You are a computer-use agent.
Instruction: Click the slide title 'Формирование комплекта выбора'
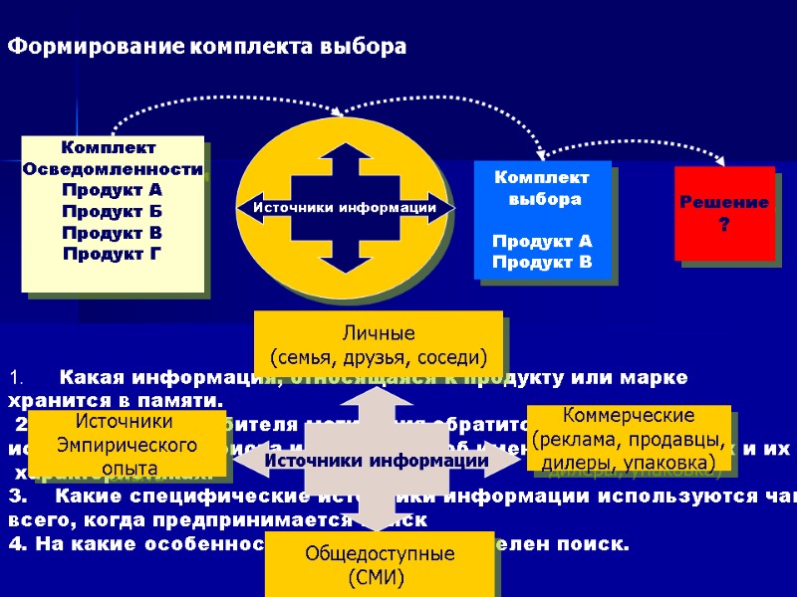pos(208,47)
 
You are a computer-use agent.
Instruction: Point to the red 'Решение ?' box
pos(724,213)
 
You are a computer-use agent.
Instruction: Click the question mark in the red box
pos(724,225)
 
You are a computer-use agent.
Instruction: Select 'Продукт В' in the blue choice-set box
pos(542,263)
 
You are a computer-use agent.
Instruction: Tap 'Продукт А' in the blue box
pos(542,242)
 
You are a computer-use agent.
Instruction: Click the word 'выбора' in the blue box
pos(542,199)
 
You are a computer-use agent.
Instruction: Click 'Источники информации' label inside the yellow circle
pos(344,208)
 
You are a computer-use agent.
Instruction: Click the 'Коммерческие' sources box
pos(628,439)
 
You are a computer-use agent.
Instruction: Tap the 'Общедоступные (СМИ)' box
pos(379,564)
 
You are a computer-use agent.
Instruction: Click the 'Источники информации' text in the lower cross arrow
pos(376,461)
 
